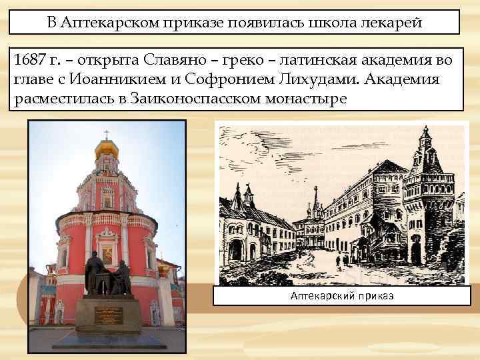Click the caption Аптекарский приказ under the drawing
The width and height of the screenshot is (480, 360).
point(341,295)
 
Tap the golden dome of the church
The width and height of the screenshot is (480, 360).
point(107,147)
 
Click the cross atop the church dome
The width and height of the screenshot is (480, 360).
point(107,134)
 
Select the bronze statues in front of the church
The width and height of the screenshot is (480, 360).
point(107,275)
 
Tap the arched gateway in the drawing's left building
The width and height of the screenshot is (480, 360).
point(235,251)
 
